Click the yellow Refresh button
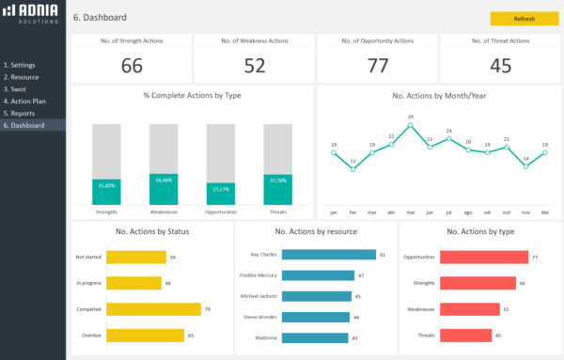524,18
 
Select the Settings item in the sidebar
23,65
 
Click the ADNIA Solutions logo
32,14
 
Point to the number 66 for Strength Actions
132,65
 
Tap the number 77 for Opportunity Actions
377,65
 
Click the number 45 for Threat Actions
500,65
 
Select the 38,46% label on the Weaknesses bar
164,180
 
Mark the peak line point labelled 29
410,125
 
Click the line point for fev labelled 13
352,170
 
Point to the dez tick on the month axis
544,212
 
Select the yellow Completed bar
154,308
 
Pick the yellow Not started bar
136,256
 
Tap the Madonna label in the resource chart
265,337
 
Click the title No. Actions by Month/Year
439,96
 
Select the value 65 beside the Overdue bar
191,335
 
